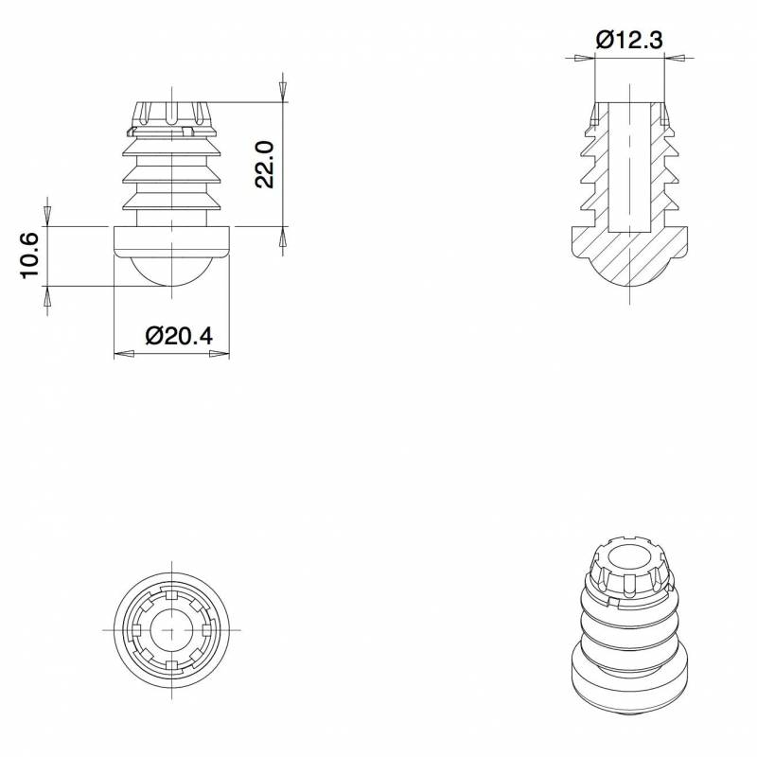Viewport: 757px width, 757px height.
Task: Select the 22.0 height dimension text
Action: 265,164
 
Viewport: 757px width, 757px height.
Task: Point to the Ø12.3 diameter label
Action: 628,40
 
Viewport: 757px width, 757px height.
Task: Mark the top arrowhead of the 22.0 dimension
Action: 282,89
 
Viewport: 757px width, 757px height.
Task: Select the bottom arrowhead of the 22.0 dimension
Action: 282,238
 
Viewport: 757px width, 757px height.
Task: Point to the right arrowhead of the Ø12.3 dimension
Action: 673,59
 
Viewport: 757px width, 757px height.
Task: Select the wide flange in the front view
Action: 171,241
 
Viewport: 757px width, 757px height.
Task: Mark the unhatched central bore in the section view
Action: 628,166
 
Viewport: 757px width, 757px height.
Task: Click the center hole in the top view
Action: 171,629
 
